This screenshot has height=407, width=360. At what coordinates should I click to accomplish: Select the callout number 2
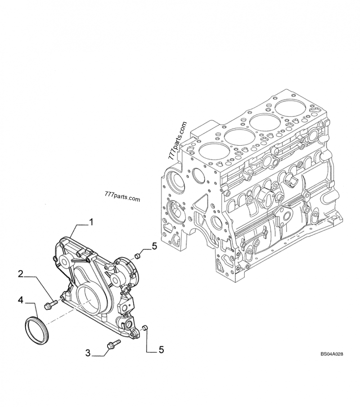pos(21,274)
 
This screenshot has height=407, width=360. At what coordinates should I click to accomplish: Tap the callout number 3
pos(88,353)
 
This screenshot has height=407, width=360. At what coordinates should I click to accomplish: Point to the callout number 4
pos(21,300)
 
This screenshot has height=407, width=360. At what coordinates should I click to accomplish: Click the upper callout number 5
pos(154,246)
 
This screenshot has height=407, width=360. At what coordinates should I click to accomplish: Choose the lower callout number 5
pos(161,349)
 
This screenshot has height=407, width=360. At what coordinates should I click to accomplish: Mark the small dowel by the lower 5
pos(145,328)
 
